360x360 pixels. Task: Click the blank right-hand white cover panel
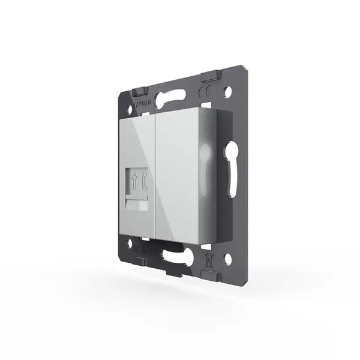[178, 174]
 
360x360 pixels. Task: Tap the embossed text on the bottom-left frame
[144, 247]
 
